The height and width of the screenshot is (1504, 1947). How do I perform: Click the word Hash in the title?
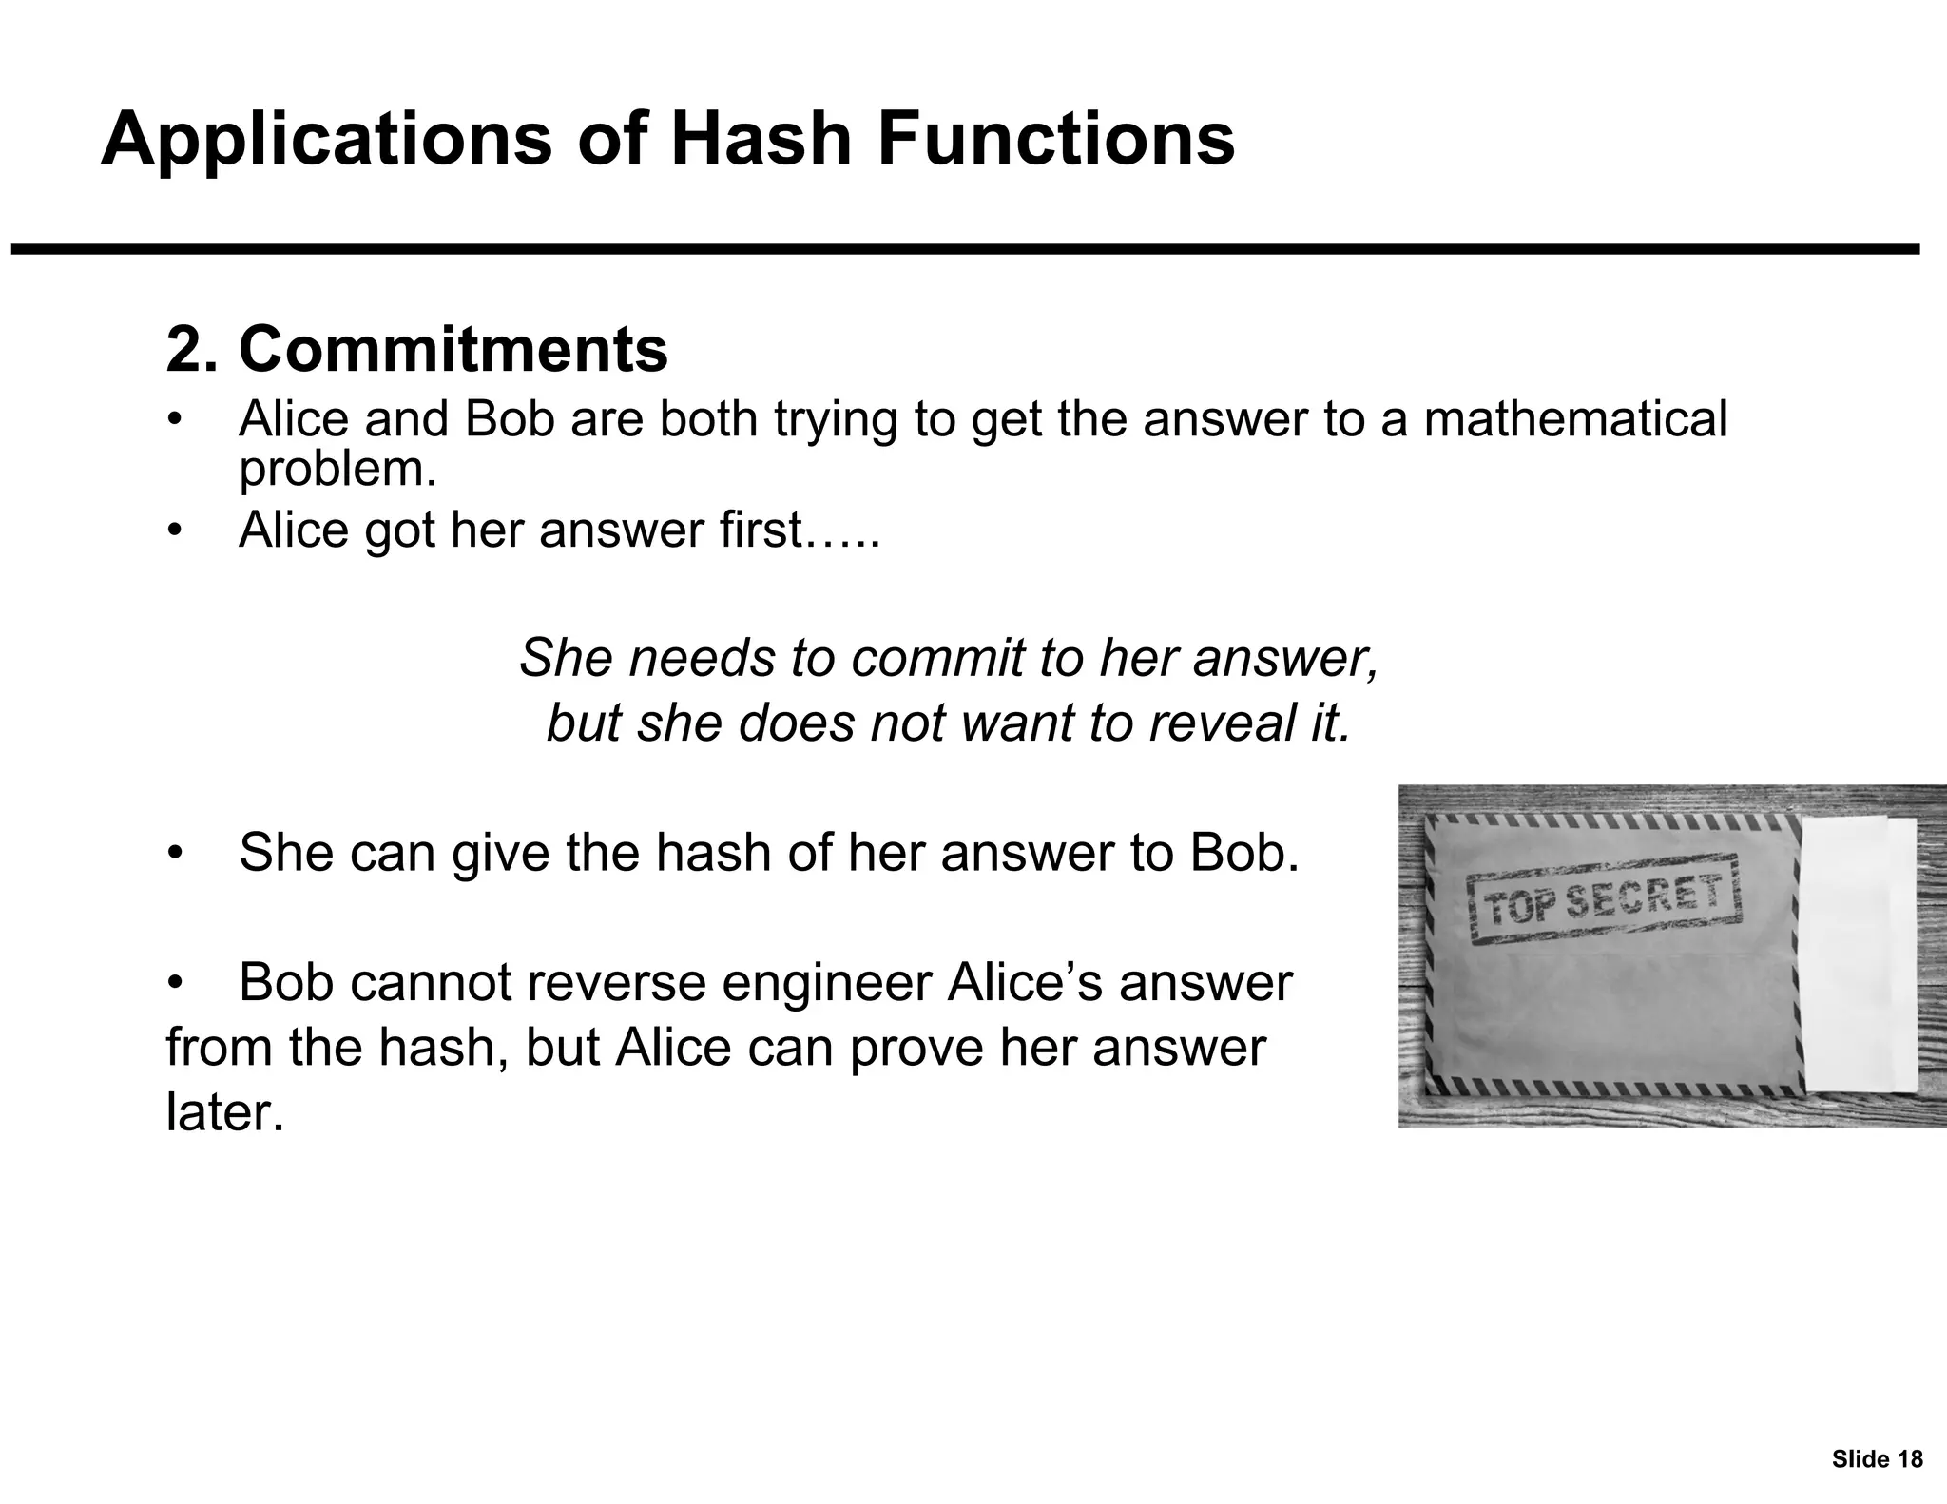[x=758, y=139]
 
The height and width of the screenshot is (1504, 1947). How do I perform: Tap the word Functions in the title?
[x=1055, y=139]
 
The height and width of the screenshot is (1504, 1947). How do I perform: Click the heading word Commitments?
[x=453, y=350]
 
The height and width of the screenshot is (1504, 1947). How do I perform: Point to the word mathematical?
[x=1575, y=419]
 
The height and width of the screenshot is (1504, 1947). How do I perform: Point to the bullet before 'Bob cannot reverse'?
[x=174, y=984]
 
